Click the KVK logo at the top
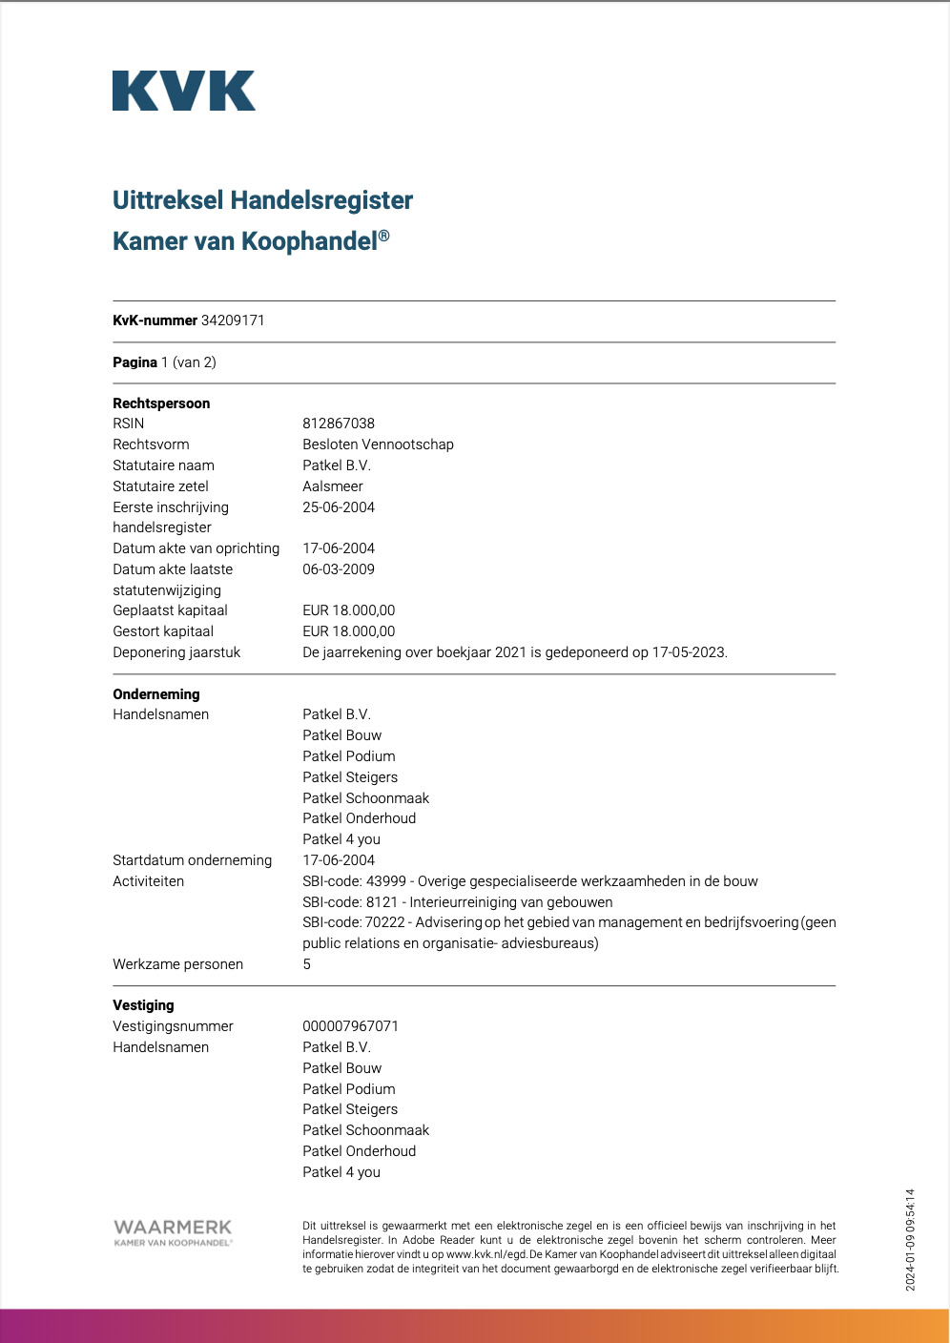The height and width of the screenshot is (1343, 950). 183,91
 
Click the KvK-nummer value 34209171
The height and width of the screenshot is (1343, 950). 233,320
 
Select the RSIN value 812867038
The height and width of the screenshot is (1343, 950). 339,424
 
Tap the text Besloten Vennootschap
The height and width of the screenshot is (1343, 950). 378,444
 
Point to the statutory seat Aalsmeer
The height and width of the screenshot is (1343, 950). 333,486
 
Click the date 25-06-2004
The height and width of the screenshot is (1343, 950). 339,507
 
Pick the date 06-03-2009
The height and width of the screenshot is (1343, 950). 339,569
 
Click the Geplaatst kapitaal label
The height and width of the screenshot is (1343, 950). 170,610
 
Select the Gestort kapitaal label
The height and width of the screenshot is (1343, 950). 163,631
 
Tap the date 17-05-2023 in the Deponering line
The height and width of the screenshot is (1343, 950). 689,652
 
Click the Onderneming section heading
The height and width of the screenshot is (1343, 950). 156,694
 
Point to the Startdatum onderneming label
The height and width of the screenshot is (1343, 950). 192,860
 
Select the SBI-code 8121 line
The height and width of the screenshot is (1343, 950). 458,902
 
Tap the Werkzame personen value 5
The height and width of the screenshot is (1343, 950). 307,964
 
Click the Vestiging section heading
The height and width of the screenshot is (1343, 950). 143,1005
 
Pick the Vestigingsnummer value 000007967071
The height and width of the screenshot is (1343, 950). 350,1026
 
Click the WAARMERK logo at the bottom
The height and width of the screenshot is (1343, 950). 173,1231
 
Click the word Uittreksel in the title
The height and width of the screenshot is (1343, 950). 168,200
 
